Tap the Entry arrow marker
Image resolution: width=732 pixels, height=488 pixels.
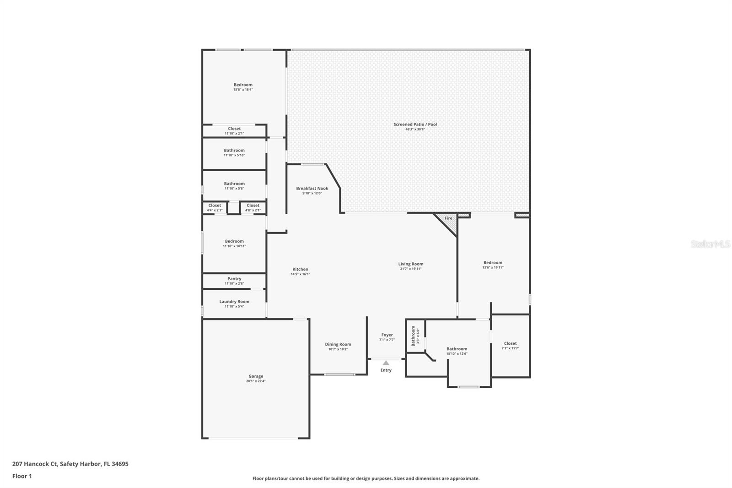(x=386, y=363)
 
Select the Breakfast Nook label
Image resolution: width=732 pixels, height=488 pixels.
(x=312, y=189)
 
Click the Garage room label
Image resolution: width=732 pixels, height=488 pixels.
(x=256, y=376)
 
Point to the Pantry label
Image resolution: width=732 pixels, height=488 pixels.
(x=234, y=279)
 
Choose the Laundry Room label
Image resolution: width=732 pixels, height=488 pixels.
(x=234, y=302)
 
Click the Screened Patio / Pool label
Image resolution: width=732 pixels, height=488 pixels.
(x=415, y=125)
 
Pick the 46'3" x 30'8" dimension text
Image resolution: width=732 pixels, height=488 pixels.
(x=415, y=130)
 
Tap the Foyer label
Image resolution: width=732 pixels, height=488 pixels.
(x=387, y=335)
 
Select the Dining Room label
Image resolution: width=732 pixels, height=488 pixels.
(x=338, y=345)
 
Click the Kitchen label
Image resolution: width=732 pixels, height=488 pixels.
(x=300, y=270)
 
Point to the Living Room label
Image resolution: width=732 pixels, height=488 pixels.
(x=410, y=264)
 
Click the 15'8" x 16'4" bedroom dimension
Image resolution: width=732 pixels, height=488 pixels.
(x=243, y=90)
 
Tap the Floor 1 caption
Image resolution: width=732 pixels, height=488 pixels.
(x=22, y=476)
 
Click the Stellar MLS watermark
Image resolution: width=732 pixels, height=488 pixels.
(x=710, y=244)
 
